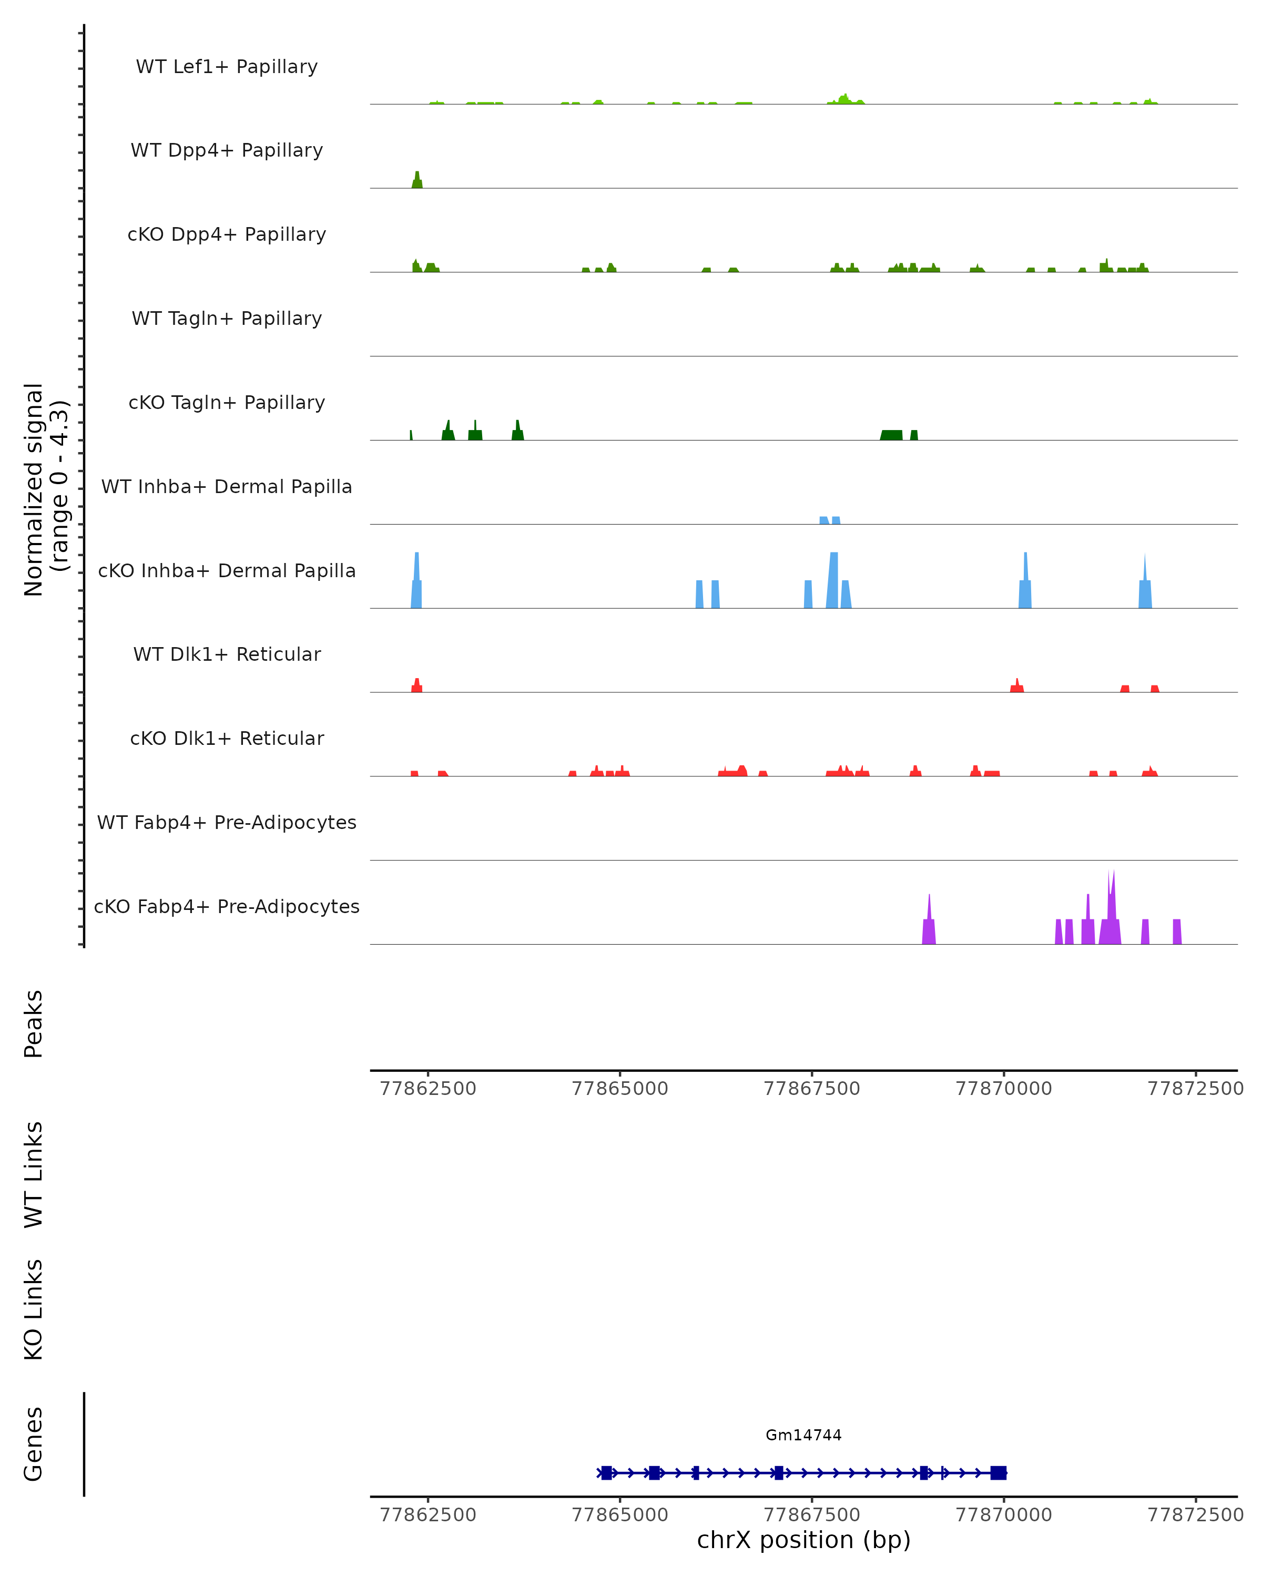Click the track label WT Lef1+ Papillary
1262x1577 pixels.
tap(227, 67)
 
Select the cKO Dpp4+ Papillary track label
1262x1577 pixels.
tap(227, 235)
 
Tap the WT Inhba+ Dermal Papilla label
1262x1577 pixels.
tap(227, 487)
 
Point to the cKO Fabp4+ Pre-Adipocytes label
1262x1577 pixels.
tap(227, 907)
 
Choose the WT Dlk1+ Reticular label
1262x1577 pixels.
tap(227, 654)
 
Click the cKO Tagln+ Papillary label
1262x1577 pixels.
tap(227, 403)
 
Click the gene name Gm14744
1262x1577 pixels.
tap(803, 1435)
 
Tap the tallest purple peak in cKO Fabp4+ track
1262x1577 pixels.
tap(1111, 907)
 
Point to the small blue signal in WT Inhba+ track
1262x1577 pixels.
tap(830, 520)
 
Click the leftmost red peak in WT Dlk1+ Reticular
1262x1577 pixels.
tap(416, 685)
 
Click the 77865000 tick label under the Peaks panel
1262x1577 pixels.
tap(619, 1089)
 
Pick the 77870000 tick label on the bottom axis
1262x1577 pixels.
tap(1004, 1515)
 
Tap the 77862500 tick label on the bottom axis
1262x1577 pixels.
tap(428, 1515)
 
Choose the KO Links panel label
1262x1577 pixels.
tap(34, 1310)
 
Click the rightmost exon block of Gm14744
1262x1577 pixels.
tap(998, 1472)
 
